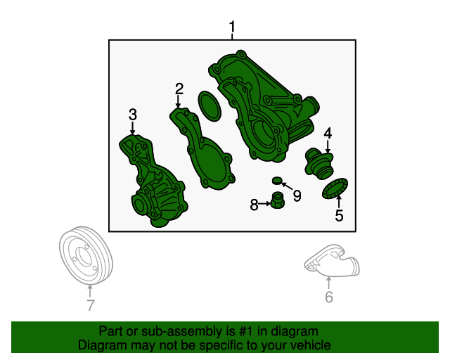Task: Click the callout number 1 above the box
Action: (x=232, y=27)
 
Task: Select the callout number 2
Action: (x=179, y=89)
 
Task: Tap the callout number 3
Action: (x=132, y=115)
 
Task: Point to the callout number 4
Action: (x=328, y=134)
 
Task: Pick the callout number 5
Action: (x=339, y=215)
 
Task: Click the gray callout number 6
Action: (x=329, y=297)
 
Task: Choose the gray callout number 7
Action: (x=91, y=305)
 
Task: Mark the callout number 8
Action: (x=254, y=205)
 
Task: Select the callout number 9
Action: (x=297, y=196)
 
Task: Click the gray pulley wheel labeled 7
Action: (x=86, y=255)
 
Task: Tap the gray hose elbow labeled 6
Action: (x=332, y=261)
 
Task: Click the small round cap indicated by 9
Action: (x=277, y=181)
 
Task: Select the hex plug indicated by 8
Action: (x=277, y=200)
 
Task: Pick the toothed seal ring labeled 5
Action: (x=335, y=188)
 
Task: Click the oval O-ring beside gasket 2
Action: (x=210, y=106)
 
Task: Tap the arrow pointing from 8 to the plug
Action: (x=264, y=204)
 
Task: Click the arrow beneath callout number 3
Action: (x=132, y=128)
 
